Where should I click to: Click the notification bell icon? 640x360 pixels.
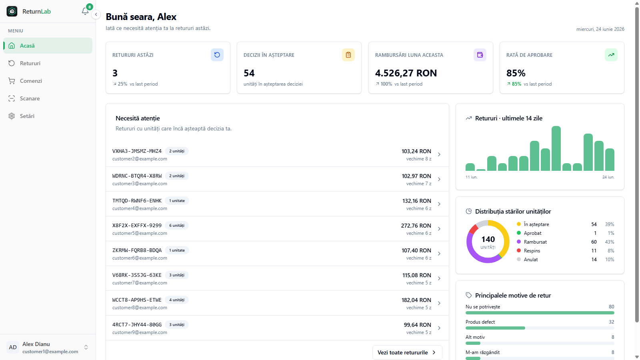point(85,11)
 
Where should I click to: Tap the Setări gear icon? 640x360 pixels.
point(12,116)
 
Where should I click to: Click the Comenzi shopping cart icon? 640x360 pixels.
point(12,81)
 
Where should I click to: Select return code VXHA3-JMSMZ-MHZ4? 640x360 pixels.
point(137,151)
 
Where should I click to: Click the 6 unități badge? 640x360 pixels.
point(176,226)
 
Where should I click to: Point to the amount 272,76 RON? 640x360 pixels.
point(416,226)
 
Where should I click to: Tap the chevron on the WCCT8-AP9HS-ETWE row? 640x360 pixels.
point(439,303)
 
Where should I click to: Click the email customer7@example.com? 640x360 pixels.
point(140,282)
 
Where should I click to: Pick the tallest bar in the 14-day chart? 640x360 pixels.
point(556,148)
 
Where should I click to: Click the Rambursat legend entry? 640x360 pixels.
point(535,242)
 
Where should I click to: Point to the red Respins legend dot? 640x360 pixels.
point(519,250)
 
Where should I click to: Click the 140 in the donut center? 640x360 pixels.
point(488,239)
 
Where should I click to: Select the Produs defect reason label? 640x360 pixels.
point(480,322)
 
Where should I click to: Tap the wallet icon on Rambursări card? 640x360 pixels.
point(480,55)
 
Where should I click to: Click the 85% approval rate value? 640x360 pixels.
point(516,73)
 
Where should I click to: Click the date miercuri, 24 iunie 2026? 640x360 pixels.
point(600,29)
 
